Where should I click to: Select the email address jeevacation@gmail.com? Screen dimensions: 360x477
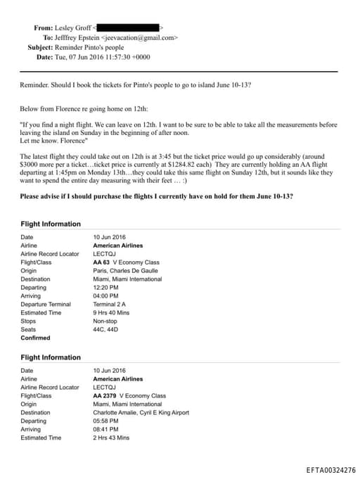[141, 37]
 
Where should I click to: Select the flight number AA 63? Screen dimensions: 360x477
[103, 262]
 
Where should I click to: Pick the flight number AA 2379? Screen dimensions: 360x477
[106, 395]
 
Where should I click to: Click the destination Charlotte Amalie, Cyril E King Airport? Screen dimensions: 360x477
[141, 412]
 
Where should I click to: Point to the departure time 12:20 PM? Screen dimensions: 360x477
[105, 288]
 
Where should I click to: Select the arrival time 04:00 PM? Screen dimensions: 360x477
[105, 296]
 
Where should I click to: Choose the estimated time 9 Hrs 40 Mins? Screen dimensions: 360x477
[111, 313]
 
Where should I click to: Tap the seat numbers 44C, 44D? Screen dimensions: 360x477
[105, 329]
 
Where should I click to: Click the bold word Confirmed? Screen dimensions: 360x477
[35, 338]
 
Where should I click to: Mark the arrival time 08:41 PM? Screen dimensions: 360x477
[105, 429]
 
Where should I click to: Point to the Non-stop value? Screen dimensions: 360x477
[105, 322]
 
